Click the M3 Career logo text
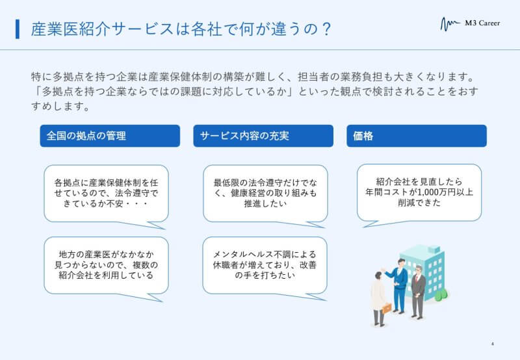coord(482,23)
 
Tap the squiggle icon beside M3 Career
coord(450,24)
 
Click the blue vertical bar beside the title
coord(18,29)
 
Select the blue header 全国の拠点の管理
coord(110,136)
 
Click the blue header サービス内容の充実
coord(263,136)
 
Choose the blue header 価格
coord(417,136)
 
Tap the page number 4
coord(493,344)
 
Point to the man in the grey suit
coord(417,292)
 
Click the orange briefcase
coord(387,309)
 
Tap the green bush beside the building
coord(441,294)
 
